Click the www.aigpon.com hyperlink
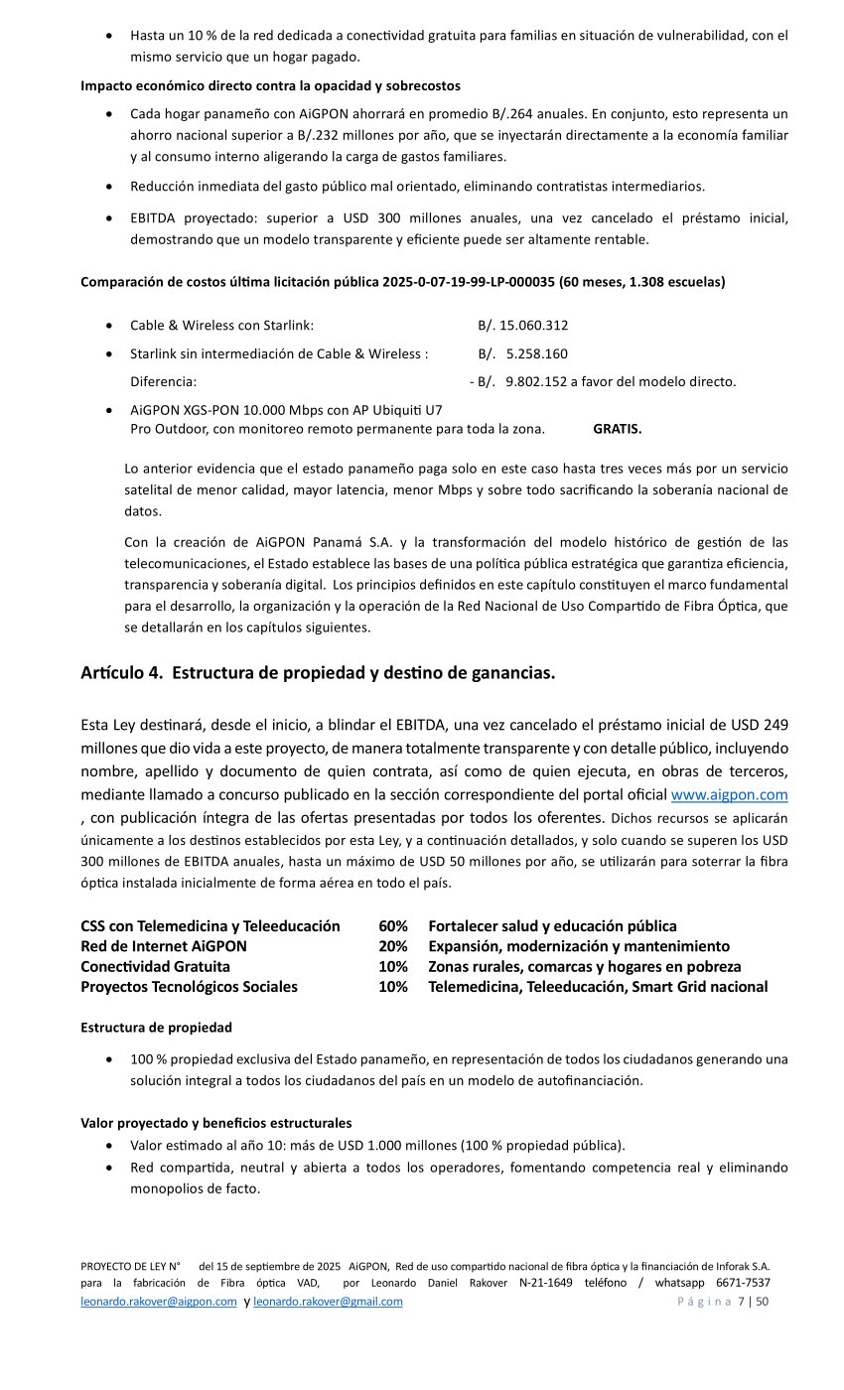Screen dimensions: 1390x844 729,794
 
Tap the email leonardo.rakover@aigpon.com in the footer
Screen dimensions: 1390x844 158,1302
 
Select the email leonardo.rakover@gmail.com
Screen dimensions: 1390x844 328,1302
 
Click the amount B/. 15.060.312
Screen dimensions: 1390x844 522,325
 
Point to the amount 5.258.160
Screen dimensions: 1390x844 536,353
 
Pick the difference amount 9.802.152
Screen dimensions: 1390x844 536,381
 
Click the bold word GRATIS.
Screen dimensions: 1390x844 617,429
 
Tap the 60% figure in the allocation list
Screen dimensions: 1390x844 393,926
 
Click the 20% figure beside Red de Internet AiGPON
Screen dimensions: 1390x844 393,946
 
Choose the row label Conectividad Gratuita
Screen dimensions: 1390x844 155,966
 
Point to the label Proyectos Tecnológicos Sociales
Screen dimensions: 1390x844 189,987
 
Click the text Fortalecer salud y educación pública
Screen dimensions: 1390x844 552,926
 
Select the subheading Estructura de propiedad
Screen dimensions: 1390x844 156,1028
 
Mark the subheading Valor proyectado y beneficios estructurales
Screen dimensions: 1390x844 215,1123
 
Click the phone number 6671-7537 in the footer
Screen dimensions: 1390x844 743,1283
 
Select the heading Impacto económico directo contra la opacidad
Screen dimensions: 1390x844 270,85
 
